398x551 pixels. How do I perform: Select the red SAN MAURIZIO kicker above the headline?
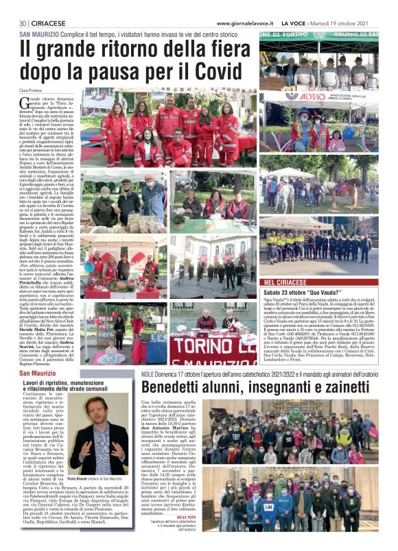click(38, 33)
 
